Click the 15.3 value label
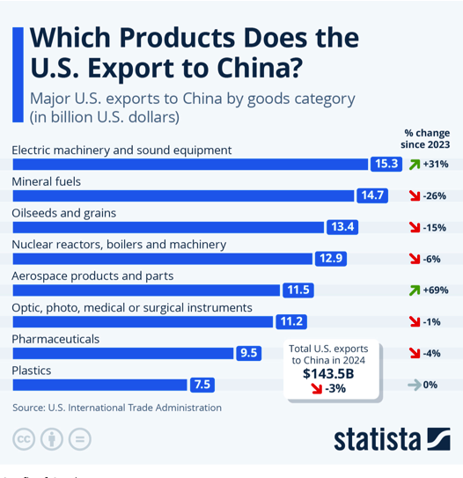386,164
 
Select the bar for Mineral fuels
183,195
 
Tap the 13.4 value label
342,227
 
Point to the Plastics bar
100,385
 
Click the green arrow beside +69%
415,290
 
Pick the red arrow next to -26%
415,195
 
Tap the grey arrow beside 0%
415,385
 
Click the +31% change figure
436,164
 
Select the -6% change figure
431,259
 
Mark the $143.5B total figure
328,374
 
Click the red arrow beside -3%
317,389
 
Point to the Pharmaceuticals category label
55,339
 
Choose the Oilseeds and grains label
63,213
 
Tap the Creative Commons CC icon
24,439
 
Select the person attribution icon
52,439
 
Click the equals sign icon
80,439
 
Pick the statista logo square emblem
438,438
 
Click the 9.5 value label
249,353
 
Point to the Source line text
117,408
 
